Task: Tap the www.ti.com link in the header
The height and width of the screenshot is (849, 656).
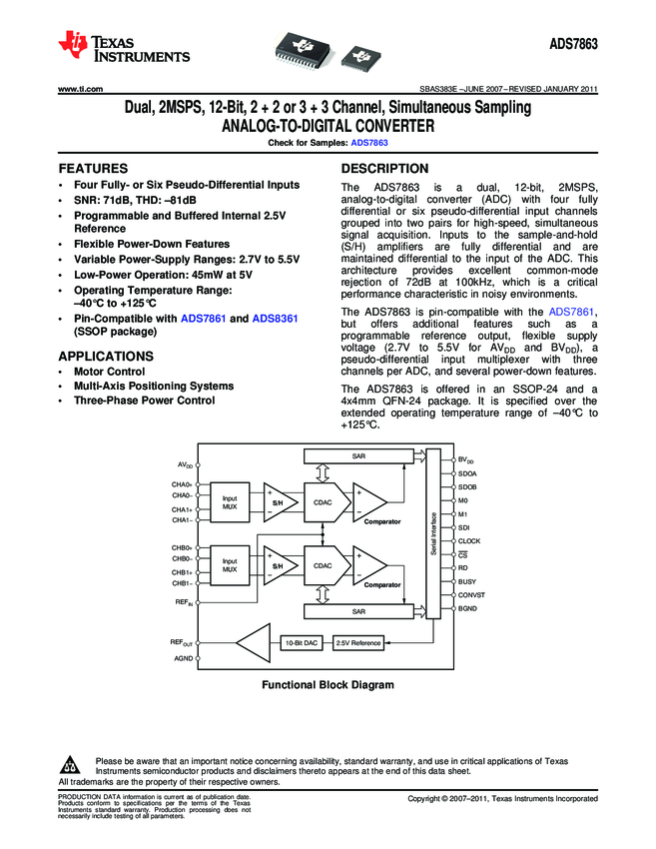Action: [82, 90]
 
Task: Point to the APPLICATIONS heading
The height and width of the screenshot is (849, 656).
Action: [106, 356]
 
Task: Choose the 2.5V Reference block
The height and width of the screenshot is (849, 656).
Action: [357, 642]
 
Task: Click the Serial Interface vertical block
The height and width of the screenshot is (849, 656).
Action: [433, 540]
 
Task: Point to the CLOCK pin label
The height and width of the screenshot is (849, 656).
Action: [468, 540]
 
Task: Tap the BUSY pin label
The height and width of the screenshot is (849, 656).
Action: [466, 581]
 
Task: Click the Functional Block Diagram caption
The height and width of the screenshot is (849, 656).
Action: [328, 685]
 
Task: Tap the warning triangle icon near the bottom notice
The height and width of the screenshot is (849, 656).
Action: [70, 766]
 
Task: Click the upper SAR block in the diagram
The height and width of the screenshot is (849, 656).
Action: [356, 456]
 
